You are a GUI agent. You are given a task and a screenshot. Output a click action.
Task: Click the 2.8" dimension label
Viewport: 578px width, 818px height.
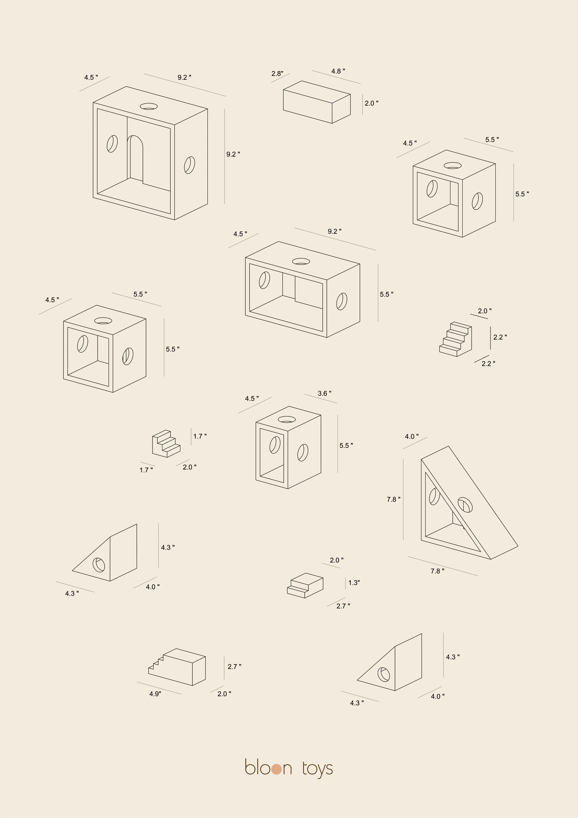tap(277, 74)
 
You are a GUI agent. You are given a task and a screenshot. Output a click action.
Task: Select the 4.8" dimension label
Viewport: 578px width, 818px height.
tap(338, 71)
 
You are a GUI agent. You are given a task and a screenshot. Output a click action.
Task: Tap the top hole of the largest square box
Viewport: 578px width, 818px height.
tap(149, 106)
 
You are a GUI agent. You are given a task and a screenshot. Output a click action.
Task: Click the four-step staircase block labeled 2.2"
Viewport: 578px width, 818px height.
tap(456, 339)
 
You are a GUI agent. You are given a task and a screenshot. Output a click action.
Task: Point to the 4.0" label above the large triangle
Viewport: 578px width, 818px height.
tap(412, 436)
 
